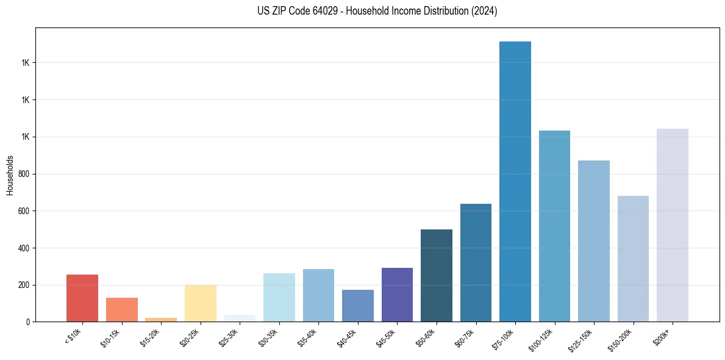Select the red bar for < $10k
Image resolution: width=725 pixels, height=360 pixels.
[x=82, y=298]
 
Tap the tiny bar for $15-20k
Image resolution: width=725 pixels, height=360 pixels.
[x=161, y=319]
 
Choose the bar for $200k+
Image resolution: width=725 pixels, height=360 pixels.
[x=673, y=225]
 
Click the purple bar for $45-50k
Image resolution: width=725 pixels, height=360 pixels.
[x=397, y=295]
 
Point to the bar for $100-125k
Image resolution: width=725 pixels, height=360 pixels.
[x=554, y=226]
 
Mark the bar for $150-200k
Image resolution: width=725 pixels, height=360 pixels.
[x=633, y=259]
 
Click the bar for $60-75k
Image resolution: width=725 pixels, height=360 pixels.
[x=476, y=263]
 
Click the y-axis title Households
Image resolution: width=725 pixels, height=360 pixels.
[x=10, y=175]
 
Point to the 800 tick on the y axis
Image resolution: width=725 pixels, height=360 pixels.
[x=24, y=174]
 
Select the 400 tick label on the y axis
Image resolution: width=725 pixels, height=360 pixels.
[x=24, y=248]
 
